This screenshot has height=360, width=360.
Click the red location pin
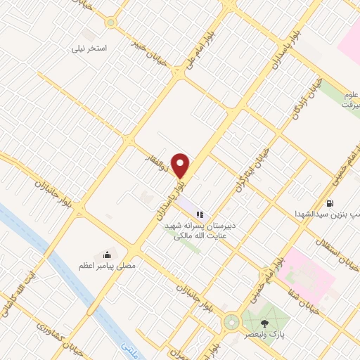tap(181, 165)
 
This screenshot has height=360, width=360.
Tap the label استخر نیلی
tap(91, 50)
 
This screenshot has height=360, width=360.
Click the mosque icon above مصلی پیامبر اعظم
tap(107, 254)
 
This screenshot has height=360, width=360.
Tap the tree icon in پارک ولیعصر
tap(264, 323)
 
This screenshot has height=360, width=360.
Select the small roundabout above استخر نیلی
tap(111, 22)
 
